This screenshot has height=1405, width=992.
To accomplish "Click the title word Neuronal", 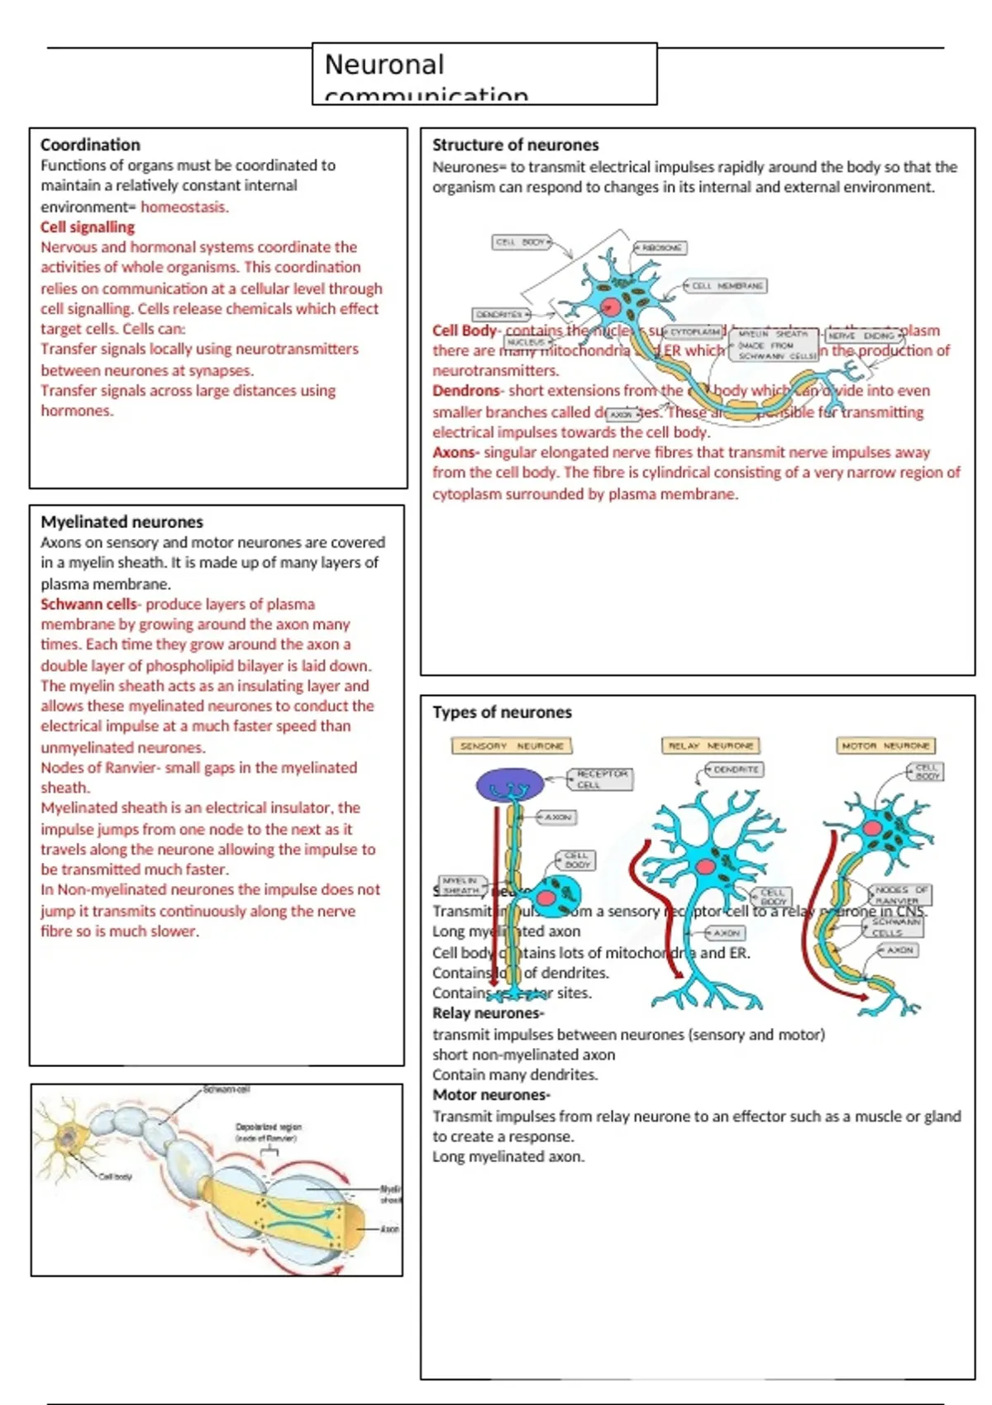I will (x=384, y=64).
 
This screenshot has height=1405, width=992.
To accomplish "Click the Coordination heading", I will (x=90, y=145).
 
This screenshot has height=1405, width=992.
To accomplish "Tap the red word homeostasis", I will (x=184, y=207).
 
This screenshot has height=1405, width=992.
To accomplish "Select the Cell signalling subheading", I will (x=88, y=227).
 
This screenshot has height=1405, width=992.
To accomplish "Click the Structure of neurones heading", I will (x=515, y=145).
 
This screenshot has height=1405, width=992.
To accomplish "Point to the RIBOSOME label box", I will (x=661, y=247).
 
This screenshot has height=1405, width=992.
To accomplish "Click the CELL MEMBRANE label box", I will (x=727, y=286).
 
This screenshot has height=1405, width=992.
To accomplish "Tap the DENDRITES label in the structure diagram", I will (x=499, y=315).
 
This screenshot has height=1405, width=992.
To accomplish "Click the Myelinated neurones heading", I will (x=122, y=522).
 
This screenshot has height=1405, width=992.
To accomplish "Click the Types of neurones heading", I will (x=502, y=712).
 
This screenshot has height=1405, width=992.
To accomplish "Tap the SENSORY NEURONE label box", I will (x=512, y=745).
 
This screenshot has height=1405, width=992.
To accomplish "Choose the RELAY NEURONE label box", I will (x=710, y=745).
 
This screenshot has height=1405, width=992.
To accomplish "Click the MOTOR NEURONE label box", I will (x=885, y=745).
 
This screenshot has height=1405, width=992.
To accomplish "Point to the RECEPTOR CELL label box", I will (x=601, y=779).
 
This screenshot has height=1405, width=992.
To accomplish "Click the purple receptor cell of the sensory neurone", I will (x=509, y=783).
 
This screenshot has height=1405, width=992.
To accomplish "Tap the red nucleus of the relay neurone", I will (x=705, y=866).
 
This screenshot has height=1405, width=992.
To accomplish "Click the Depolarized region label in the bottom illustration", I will (x=268, y=1131).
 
